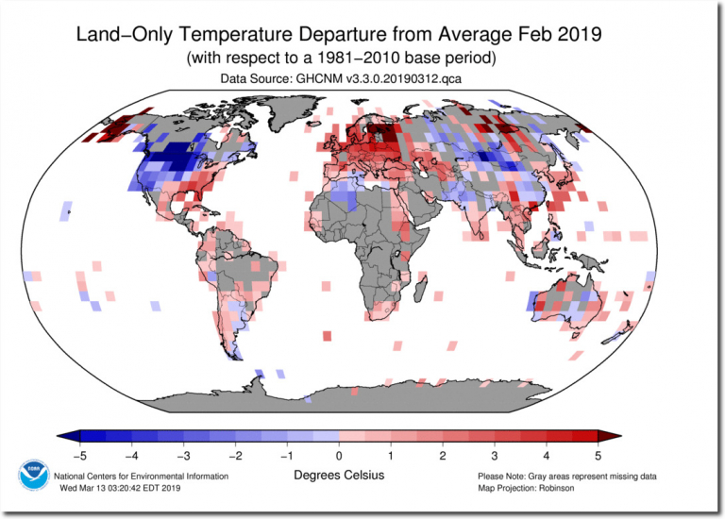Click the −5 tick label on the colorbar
pos(83,456)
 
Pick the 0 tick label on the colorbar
pos(339,456)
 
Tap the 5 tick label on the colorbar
pos(596,456)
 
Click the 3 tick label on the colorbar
pos(493,456)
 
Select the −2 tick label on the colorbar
pos(236,456)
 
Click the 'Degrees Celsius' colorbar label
pos(339,474)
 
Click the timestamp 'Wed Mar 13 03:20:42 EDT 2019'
pos(121,488)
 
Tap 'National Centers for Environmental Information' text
pos(142,477)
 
